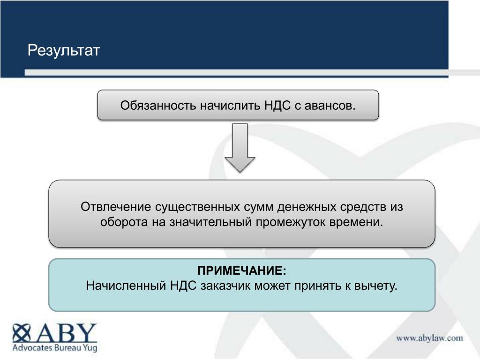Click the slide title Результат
(64, 51)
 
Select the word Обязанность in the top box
(158, 105)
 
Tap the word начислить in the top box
(230, 105)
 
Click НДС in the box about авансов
(277, 105)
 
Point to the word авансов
(330, 105)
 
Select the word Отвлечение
(116, 207)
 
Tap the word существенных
(197, 207)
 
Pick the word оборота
(124, 222)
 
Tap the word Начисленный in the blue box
(126, 285)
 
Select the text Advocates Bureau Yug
(55, 348)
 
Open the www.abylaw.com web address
(429, 338)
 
